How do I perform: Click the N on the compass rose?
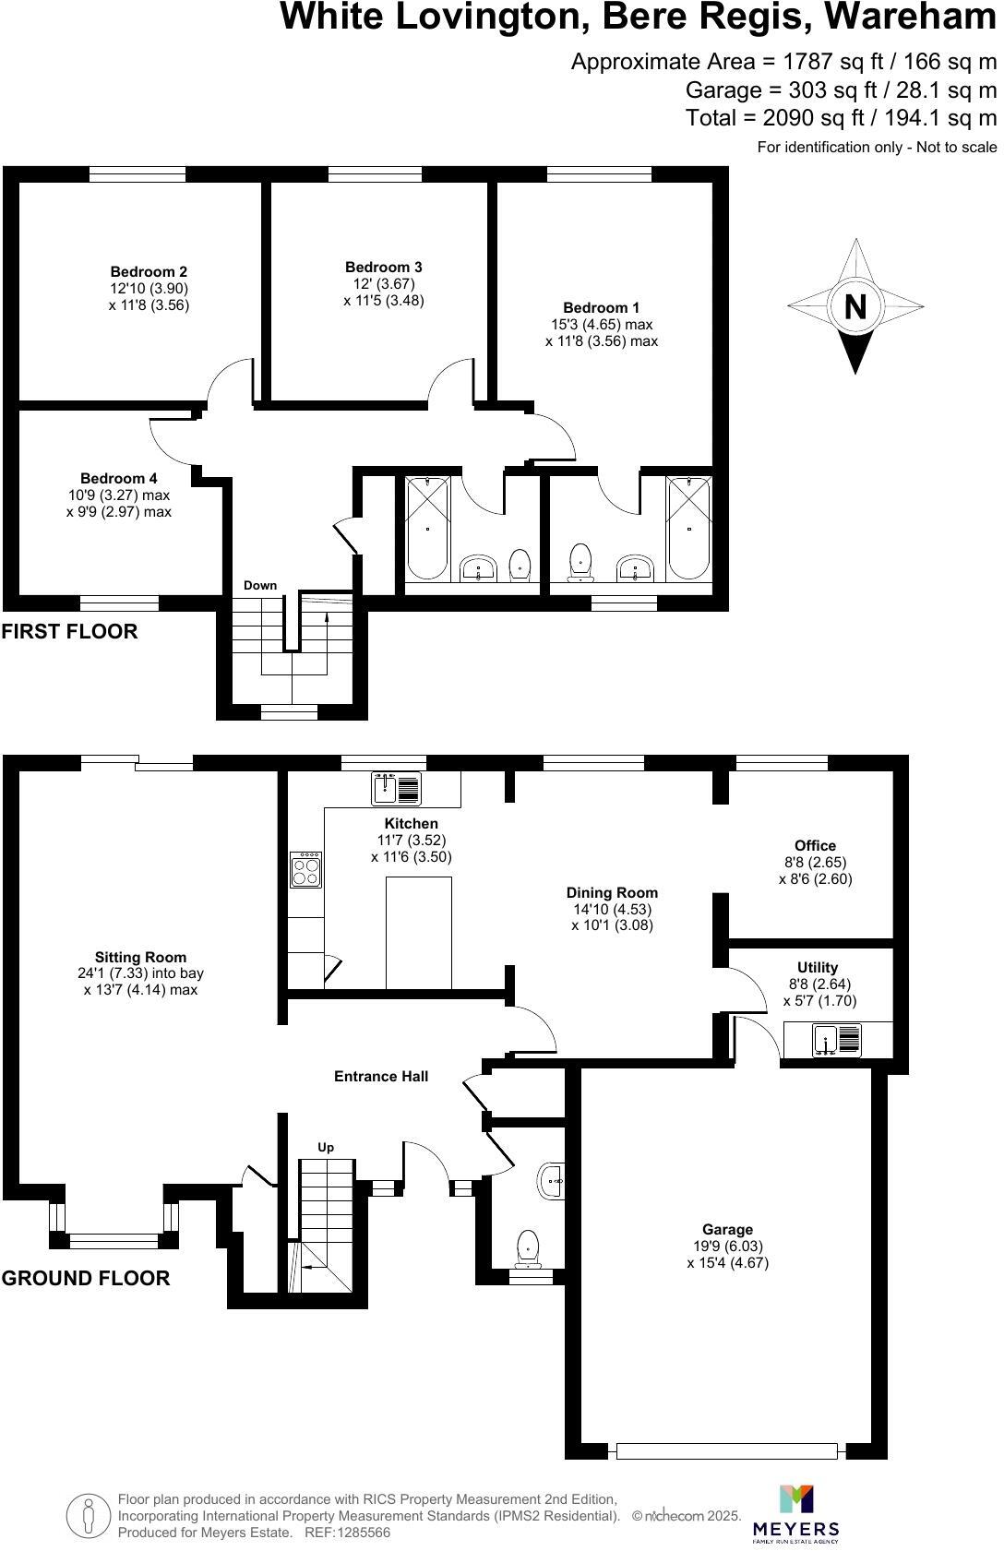(855, 305)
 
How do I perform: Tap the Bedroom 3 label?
(384, 268)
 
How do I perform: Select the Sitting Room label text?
(140, 958)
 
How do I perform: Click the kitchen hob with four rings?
(306, 868)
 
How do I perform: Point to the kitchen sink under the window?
(396, 788)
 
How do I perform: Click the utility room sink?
(836, 1040)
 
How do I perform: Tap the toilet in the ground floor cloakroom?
(528, 1247)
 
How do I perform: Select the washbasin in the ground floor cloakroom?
(552, 1180)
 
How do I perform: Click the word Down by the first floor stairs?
(260, 586)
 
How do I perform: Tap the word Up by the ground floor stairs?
(326, 1148)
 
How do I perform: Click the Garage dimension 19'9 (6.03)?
(727, 1246)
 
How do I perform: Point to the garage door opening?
(727, 1450)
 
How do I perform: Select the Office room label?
(815, 845)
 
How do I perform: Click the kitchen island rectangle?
(418, 932)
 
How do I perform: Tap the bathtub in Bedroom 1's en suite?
(689, 528)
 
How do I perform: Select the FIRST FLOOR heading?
(69, 632)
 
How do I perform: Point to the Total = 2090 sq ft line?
(841, 118)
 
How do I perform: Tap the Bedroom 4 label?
(118, 478)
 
